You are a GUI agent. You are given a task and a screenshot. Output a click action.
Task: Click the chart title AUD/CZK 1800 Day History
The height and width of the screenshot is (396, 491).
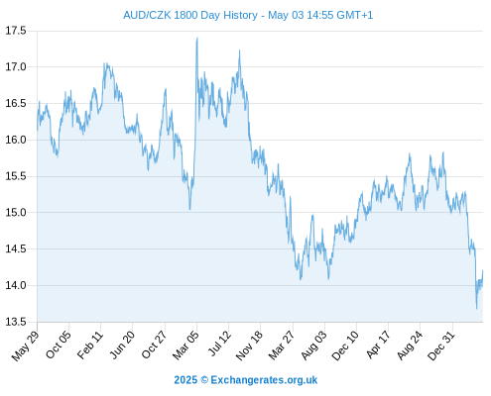(x=190, y=15)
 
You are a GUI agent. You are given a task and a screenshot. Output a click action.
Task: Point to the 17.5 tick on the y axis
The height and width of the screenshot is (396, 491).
(x=16, y=31)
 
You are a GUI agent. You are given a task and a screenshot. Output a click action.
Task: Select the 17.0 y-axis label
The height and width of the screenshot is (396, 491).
(x=16, y=67)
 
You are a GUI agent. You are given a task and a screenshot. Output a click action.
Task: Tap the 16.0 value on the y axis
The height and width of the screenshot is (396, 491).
(x=16, y=140)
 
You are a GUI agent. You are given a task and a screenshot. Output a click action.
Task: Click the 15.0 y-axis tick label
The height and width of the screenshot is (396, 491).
(x=16, y=213)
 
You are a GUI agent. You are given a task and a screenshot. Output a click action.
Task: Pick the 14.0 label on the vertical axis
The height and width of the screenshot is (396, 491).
(x=16, y=285)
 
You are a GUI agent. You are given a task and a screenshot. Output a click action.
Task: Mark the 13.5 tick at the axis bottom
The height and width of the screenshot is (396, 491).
(x=16, y=322)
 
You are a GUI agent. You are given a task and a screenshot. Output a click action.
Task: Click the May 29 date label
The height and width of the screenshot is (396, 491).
(x=26, y=346)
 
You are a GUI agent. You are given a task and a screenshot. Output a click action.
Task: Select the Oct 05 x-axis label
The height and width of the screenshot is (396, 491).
(x=59, y=345)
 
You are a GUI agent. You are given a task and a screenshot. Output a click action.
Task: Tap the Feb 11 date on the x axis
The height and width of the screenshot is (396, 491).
(x=90, y=345)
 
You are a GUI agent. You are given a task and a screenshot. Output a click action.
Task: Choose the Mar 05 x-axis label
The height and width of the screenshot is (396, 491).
(x=185, y=345)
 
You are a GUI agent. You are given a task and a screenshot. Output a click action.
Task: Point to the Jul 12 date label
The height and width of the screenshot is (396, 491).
(x=219, y=344)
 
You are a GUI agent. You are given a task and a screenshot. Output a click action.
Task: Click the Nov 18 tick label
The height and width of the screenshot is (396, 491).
(x=249, y=346)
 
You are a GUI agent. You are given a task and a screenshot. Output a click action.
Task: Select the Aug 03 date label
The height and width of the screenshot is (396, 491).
(x=313, y=346)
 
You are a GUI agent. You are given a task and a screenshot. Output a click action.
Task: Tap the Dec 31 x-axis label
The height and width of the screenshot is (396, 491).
(x=441, y=346)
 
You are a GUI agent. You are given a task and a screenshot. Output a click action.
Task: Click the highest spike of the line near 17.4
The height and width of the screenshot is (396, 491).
(x=197, y=38)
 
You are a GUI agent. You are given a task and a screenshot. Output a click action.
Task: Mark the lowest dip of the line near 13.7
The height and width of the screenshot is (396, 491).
(x=476, y=308)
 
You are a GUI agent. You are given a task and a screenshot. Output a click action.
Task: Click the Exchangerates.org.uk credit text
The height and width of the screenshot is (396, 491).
(x=264, y=380)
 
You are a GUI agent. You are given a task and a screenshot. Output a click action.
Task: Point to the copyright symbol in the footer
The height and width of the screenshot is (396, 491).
(x=204, y=380)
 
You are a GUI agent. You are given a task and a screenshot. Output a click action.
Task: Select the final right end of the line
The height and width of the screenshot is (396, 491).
(x=483, y=271)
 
